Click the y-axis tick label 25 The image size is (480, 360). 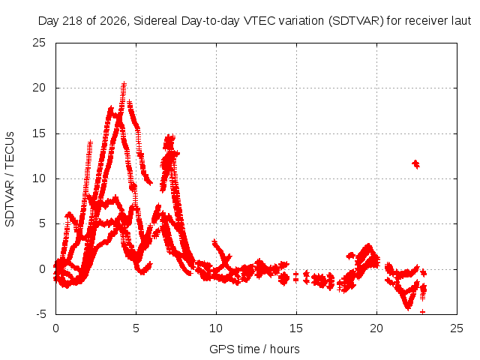(x=39, y=43)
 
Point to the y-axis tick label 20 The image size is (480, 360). (x=39, y=88)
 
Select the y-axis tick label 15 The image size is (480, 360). (x=39, y=133)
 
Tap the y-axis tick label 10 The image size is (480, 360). (x=39, y=178)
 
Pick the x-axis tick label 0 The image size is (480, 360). (x=55, y=328)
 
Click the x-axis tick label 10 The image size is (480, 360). (x=216, y=328)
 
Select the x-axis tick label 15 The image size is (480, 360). (x=296, y=328)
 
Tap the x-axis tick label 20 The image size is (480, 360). (x=376, y=328)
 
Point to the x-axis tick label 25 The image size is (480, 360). (x=457, y=328)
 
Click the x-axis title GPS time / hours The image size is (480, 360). (x=254, y=349)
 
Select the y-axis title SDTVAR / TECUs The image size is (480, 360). (x=10, y=179)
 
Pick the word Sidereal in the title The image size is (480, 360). (x=155, y=21)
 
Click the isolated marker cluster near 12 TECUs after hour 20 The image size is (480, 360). (x=415, y=164)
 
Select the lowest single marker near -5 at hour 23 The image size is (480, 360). (x=422, y=312)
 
